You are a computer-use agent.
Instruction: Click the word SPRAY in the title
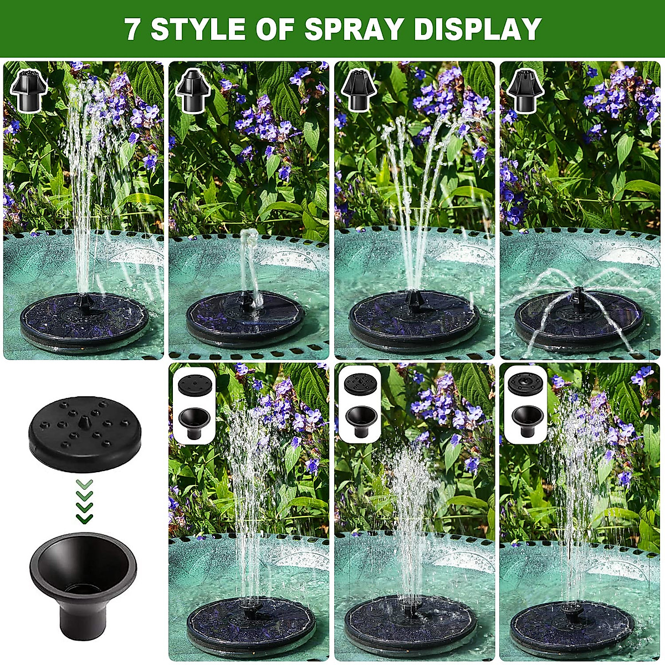point(355,29)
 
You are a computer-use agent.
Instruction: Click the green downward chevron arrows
point(84,502)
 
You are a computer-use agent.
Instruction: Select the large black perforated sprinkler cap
point(83,434)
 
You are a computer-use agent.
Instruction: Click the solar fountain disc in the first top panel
point(84,321)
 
